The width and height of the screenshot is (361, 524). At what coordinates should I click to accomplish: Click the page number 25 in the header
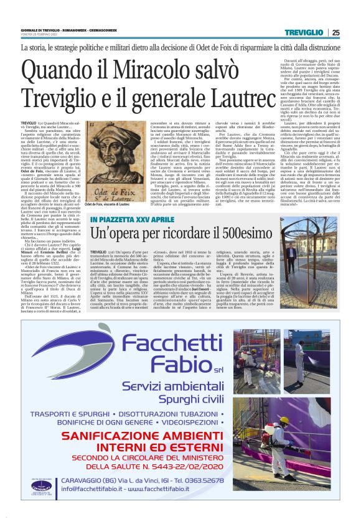point(335,32)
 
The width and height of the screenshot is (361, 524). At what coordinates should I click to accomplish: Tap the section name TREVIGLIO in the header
point(309,32)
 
